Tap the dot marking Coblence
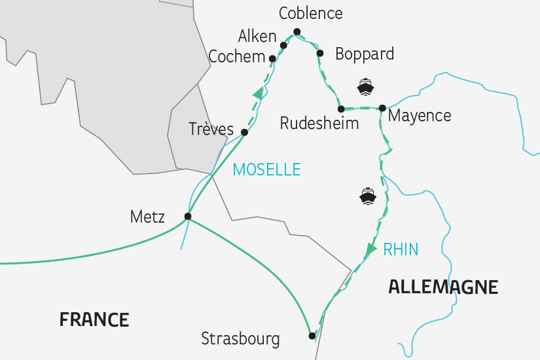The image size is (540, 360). (x=297, y=31)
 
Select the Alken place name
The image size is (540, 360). (x=257, y=36)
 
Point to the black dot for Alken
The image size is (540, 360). (x=283, y=45)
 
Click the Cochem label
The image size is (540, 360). (x=236, y=57)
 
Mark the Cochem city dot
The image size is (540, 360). (x=272, y=58)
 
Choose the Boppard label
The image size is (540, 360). (x=365, y=54)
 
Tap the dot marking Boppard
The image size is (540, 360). (x=320, y=53)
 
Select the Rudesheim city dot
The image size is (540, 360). (x=341, y=109)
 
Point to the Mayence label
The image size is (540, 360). (x=420, y=116)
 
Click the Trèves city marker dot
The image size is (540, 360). (x=244, y=132)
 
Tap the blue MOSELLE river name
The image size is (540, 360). (x=267, y=170)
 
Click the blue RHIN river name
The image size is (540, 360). (x=401, y=249)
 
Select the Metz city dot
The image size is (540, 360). (x=188, y=216)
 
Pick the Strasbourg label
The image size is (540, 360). (x=240, y=339)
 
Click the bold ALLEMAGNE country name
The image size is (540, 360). (x=443, y=287)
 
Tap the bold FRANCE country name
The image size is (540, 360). (x=94, y=320)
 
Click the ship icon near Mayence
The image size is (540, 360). (x=365, y=86)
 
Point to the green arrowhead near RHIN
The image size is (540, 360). (x=371, y=249)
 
